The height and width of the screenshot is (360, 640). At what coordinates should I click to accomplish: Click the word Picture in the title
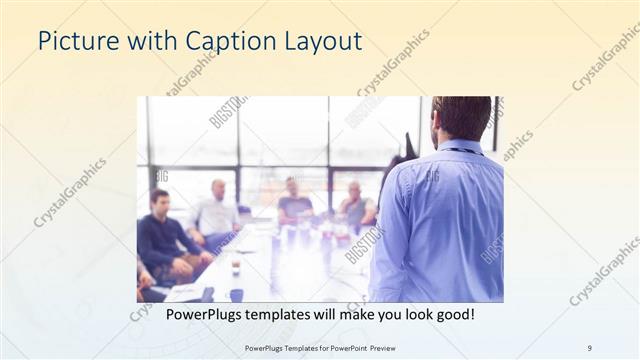tap(78, 41)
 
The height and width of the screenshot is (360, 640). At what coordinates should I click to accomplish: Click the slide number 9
tap(589, 347)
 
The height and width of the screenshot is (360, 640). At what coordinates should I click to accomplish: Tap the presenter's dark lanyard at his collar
tap(462, 151)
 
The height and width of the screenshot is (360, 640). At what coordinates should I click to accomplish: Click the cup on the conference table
tap(235, 268)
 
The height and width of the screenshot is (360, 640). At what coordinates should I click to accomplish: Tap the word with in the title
tap(151, 41)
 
